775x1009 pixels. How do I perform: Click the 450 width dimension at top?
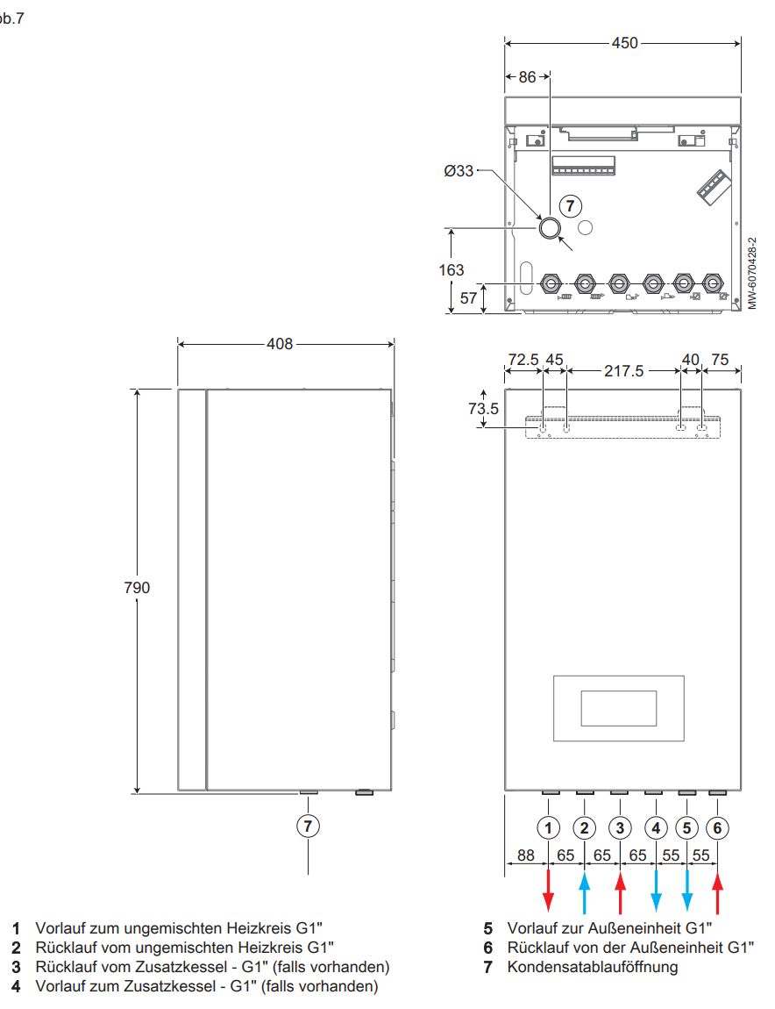click(x=624, y=43)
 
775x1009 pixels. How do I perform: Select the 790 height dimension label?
click(x=137, y=588)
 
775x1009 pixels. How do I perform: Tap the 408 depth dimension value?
click(x=280, y=344)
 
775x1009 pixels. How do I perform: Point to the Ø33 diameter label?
click(x=459, y=171)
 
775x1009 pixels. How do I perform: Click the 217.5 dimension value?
click(x=624, y=371)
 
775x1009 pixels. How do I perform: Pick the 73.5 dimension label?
click(x=484, y=409)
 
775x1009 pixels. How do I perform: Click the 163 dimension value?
click(x=451, y=270)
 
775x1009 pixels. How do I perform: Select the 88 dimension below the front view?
click(x=526, y=855)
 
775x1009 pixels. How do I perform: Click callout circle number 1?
click(x=549, y=827)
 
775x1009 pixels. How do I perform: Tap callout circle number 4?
click(x=656, y=827)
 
